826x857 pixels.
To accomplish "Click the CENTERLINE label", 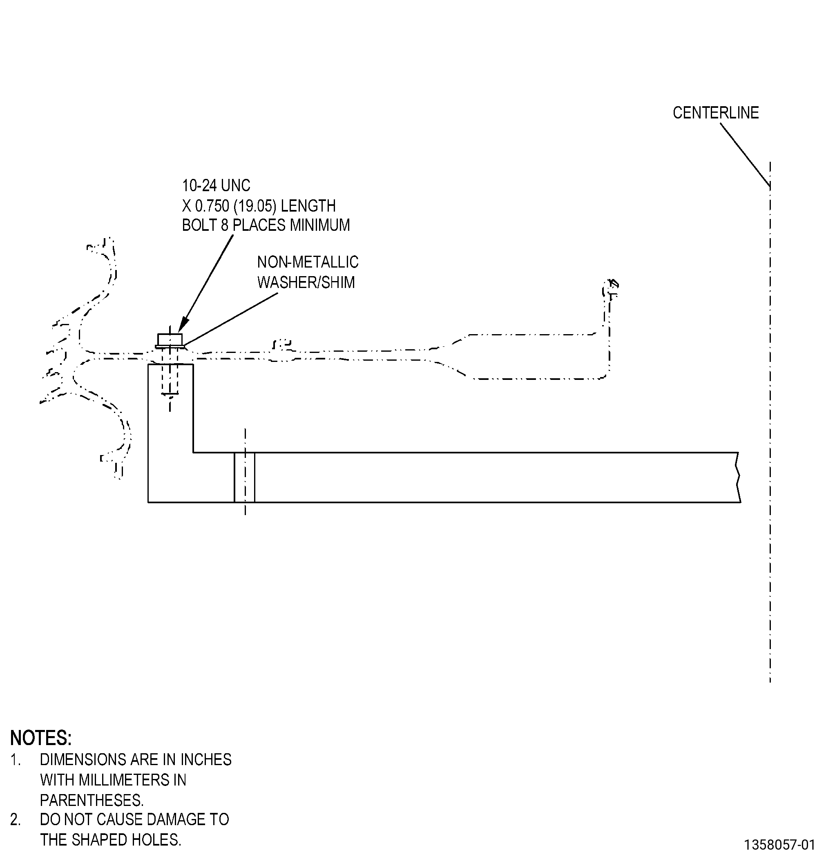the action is pyautogui.click(x=715, y=113).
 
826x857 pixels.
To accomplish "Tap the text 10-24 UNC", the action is pyautogui.click(x=216, y=186).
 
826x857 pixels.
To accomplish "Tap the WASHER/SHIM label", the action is pyautogui.click(x=306, y=282).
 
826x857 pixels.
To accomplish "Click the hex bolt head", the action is pyautogui.click(x=170, y=339).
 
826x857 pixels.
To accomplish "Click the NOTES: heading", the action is pyautogui.click(x=41, y=738).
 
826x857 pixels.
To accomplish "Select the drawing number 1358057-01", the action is pyautogui.click(x=780, y=844).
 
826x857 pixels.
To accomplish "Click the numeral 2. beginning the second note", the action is pyautogui.click(x=15, y=820).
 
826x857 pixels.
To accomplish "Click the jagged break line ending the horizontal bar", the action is pyautogui.click(x=739, y=478).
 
